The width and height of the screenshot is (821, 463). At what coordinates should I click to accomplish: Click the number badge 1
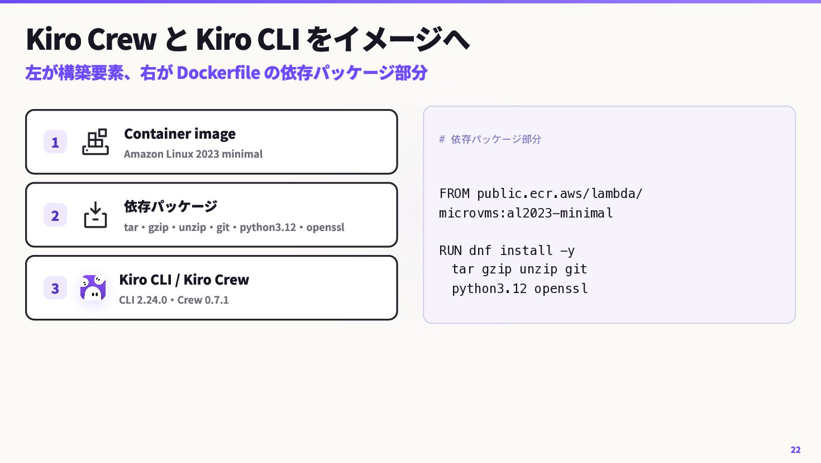[55, 141]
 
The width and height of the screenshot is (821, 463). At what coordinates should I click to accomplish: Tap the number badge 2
[55, 215]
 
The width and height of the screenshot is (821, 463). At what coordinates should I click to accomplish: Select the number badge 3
[55, 288]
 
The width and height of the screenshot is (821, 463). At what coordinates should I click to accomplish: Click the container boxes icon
[96, 141]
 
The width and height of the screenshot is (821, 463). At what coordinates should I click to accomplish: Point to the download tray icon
[96, 215]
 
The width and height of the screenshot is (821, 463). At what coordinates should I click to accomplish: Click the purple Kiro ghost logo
[93, 287]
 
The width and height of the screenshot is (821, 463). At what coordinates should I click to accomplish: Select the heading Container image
[180, 134]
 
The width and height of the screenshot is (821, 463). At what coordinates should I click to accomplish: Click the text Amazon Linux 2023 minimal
[193, 154]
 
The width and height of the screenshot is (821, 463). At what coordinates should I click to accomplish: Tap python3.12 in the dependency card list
[268, 228]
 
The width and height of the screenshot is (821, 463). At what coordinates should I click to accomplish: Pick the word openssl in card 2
[325, 228]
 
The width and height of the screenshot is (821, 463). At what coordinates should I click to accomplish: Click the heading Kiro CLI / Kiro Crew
[184, 280]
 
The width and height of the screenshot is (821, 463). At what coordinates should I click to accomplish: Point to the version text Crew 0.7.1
[203, 300]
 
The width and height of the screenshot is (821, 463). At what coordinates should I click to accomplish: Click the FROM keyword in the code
[455, 193]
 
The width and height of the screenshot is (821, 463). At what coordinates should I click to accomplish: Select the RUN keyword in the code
[451, 251]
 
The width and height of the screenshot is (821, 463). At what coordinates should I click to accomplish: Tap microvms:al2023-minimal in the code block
[526, 213]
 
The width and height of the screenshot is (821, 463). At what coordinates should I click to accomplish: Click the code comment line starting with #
[490, 139]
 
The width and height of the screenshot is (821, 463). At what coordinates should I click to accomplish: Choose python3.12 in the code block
[489, 289]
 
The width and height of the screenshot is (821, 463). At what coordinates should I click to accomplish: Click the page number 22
[795, 450]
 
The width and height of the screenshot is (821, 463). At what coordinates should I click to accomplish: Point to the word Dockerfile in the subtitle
[218, 73]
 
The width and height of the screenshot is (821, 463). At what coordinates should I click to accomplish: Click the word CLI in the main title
[279, 39]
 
